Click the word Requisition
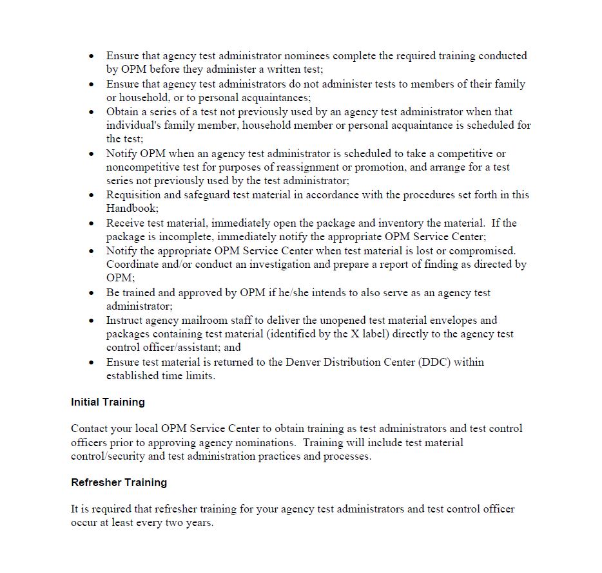134,195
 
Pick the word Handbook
131,209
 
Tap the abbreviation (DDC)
434,362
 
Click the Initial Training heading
108,402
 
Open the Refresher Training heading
119,483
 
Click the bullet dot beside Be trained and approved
92,293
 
